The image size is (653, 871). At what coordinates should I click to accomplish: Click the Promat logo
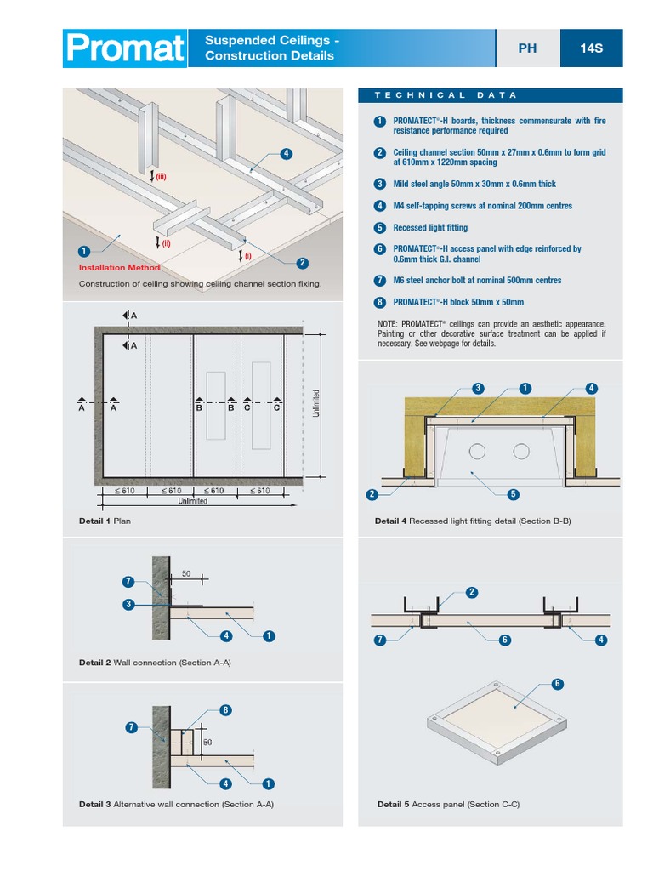(x=125, y=48)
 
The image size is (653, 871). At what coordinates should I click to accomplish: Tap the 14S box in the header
(x=591, y=48)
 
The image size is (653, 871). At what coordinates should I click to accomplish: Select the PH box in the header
(x=527, y=48)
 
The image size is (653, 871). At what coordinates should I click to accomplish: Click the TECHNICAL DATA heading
(x=446, y=95)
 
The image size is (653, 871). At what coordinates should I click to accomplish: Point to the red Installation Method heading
(x=119, y=268)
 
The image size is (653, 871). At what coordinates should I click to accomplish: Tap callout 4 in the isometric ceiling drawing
(x=286, y=154)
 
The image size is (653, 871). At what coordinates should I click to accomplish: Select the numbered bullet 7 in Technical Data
(x=379, y=280)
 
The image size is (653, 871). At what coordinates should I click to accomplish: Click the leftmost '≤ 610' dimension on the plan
(x=125, y=491)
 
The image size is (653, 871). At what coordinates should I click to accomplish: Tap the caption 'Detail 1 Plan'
(x=105, y=521)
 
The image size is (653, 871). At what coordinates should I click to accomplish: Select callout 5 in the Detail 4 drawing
(x=513, y=494)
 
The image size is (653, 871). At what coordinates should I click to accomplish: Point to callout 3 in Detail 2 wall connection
(x=128, y=604)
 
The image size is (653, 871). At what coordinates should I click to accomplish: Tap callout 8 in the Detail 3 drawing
(x=225, y=710)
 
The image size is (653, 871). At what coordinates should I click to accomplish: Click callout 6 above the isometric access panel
(x=558, y=684)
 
